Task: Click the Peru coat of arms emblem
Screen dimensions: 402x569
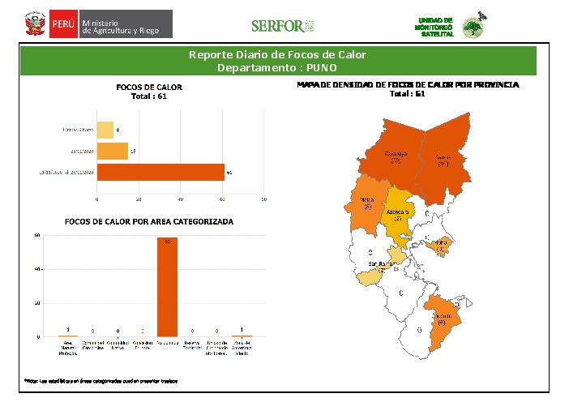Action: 34,24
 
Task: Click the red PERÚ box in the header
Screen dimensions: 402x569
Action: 63,24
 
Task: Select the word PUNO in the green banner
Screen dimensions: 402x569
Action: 323,67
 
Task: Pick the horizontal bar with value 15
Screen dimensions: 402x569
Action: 112,151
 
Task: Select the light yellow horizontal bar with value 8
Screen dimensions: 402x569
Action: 105,130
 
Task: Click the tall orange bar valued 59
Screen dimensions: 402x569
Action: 168,287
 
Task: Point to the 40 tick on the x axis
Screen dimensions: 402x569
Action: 181,198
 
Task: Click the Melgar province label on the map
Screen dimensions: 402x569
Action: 367,203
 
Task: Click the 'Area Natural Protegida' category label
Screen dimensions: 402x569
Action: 68,347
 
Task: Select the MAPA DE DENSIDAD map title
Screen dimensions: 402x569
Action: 408,84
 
